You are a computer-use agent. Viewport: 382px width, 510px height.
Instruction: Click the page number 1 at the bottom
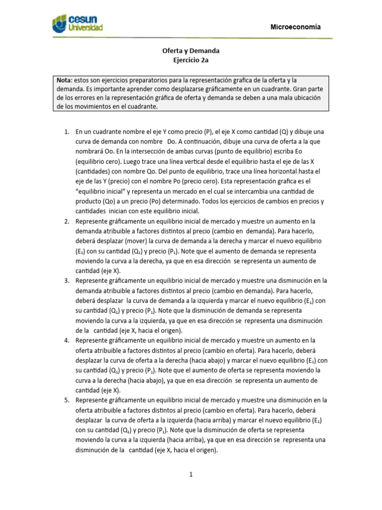click(x=191, y=475)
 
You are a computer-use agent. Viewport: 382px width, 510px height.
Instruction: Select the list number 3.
click(x=67, y=280)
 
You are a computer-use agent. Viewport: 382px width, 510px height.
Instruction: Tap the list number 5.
click(x=67, y=399)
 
